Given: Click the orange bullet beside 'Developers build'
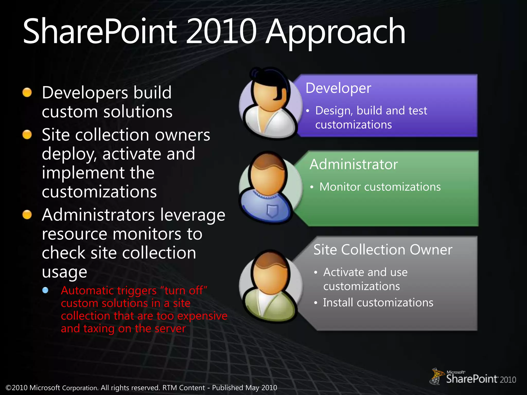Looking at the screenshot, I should [x=27, y=93].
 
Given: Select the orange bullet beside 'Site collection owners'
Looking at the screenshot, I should [x=27, y=134].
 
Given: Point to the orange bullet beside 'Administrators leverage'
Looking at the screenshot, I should [x=27, y=215].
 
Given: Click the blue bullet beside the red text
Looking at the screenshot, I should [x=45, y=290].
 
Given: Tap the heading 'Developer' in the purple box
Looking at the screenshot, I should [x=338, y=88].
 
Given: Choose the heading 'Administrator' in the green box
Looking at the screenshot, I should [x=354, y=164].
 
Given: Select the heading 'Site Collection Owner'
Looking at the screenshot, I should [x=383, y=250].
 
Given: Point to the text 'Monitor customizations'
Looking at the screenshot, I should [x=380, y=187].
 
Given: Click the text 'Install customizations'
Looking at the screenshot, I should [x=378, y=303].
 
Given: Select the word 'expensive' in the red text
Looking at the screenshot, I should [x=202, y=316].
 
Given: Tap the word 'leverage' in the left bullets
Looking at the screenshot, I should [x=192, y=215].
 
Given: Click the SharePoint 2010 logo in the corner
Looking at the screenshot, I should [x=473, y=377].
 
